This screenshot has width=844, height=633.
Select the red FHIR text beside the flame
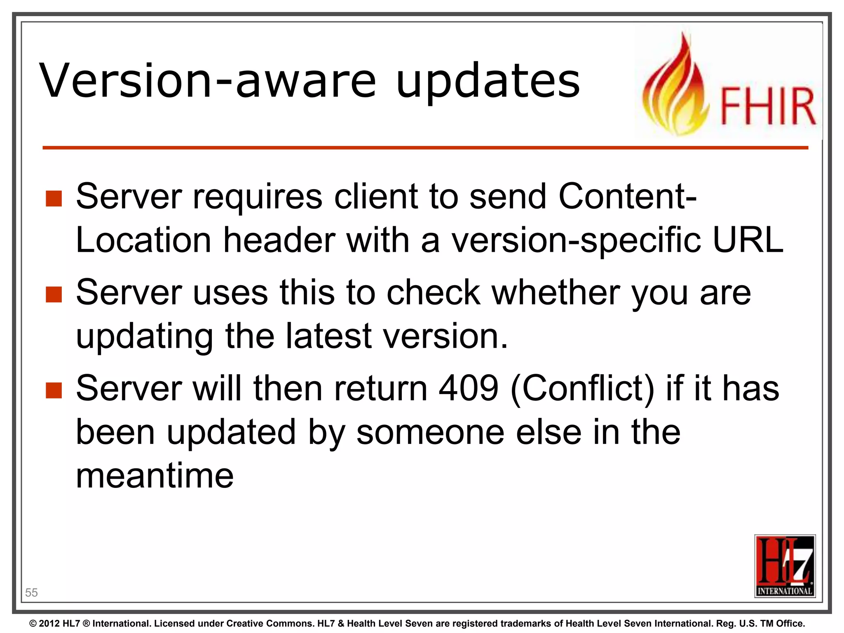(x=768, y=106)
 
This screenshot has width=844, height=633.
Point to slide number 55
(x=31, y=593)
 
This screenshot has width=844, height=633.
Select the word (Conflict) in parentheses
(x=582, y=389)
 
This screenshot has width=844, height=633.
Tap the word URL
(x=748, y=240)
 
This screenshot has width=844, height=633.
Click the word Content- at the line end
(x=627, y=196)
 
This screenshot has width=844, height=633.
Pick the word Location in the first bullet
(x=143, y=240)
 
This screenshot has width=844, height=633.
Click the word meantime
(x=155, y=476)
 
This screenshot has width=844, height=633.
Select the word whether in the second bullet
(x=556, y=292)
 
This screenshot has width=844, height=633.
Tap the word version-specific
(x=576, y=241)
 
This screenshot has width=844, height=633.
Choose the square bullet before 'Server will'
(x=54, y=390)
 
